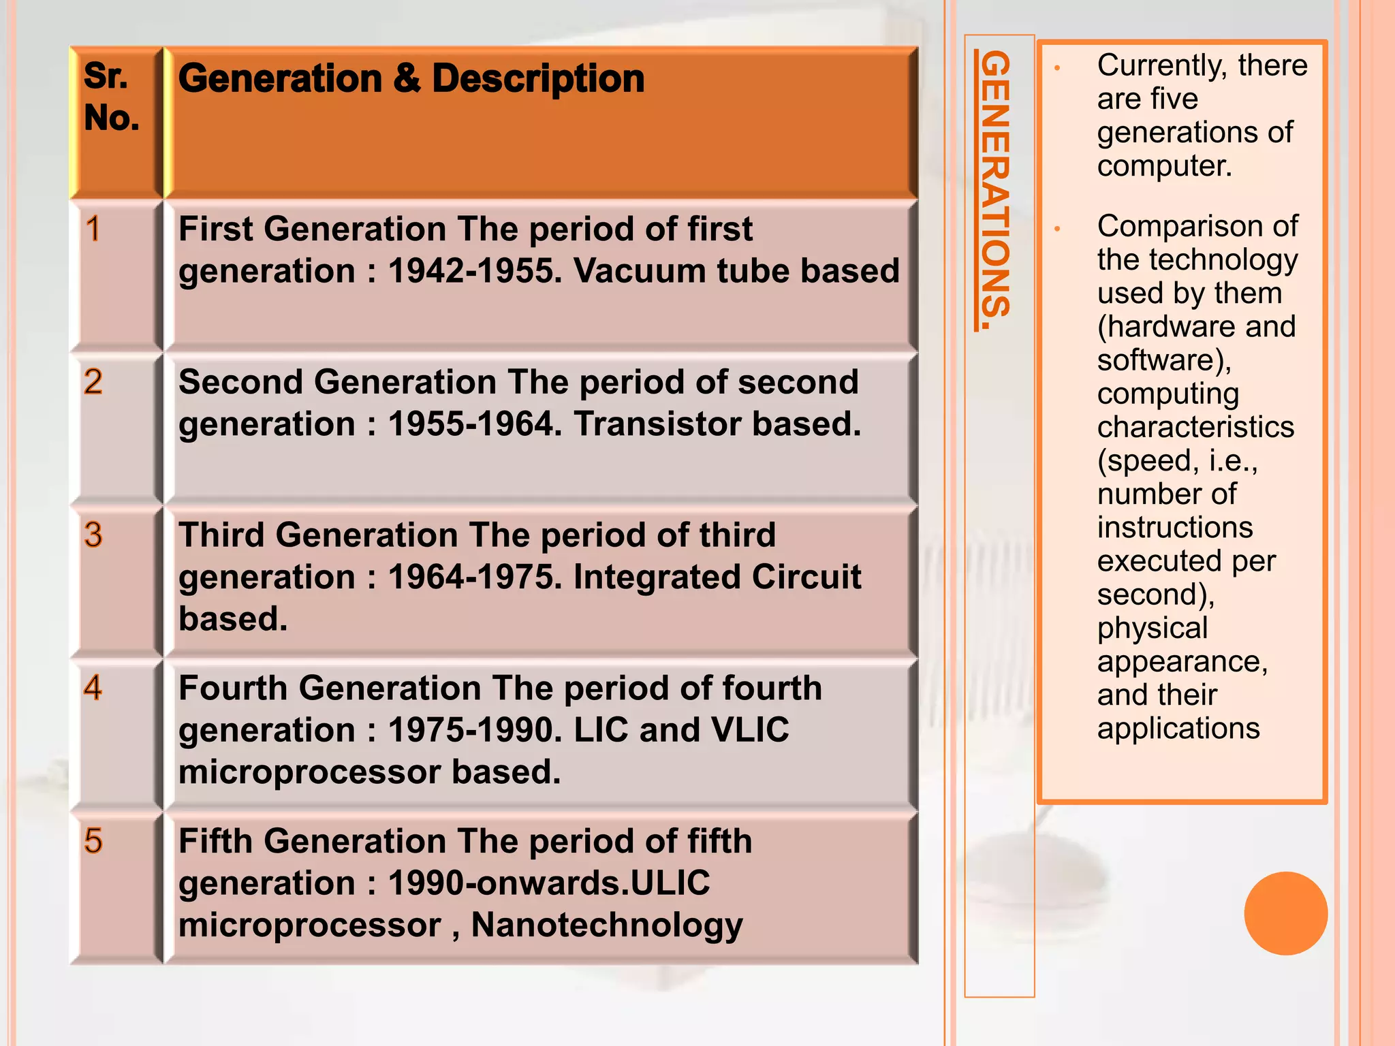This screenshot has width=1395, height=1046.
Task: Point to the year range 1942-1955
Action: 474,272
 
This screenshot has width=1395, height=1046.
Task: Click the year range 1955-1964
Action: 474,425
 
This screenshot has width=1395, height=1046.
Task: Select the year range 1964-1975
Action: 474,577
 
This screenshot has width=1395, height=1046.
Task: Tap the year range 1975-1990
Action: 474,731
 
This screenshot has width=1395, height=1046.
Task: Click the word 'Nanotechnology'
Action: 606,926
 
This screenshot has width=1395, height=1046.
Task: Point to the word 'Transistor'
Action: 657,425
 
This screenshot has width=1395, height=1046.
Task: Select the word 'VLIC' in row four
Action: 749,731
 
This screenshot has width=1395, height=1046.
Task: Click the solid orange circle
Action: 1285,913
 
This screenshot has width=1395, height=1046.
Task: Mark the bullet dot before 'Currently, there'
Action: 1057,68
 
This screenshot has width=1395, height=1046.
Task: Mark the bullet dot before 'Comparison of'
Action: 1057,229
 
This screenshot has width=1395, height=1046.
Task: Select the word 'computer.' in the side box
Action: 1164,165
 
